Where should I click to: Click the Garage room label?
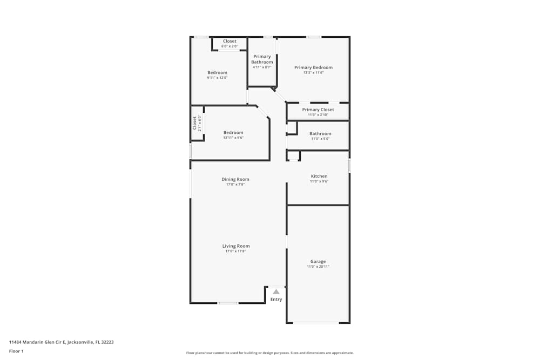pos(318,261)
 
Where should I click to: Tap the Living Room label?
pos(236,246)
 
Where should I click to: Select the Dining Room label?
pos(235,179)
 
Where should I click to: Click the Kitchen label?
pos(319,176)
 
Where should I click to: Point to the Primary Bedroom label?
pos(313,67)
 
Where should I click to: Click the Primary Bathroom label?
pos(262,59)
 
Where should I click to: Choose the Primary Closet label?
pos(318,110)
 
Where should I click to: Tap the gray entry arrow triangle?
pos(276,291)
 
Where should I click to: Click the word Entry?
pos(276,300)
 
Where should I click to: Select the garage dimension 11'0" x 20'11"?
pos(318,267)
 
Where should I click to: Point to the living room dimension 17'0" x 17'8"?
pos(236,252)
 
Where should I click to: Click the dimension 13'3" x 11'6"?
pos(313,73)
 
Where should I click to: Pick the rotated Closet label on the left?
pos(195,123)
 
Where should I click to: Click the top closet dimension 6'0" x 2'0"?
pos(230,46)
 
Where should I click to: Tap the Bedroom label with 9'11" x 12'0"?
pos(217,72)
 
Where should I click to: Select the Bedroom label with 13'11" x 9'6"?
pos(233,132)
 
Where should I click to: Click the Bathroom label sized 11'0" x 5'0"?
pos(320,133)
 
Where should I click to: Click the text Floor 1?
pos(16,351)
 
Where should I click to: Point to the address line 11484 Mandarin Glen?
pos(61,342)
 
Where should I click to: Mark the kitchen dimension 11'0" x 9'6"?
pos(319,181)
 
